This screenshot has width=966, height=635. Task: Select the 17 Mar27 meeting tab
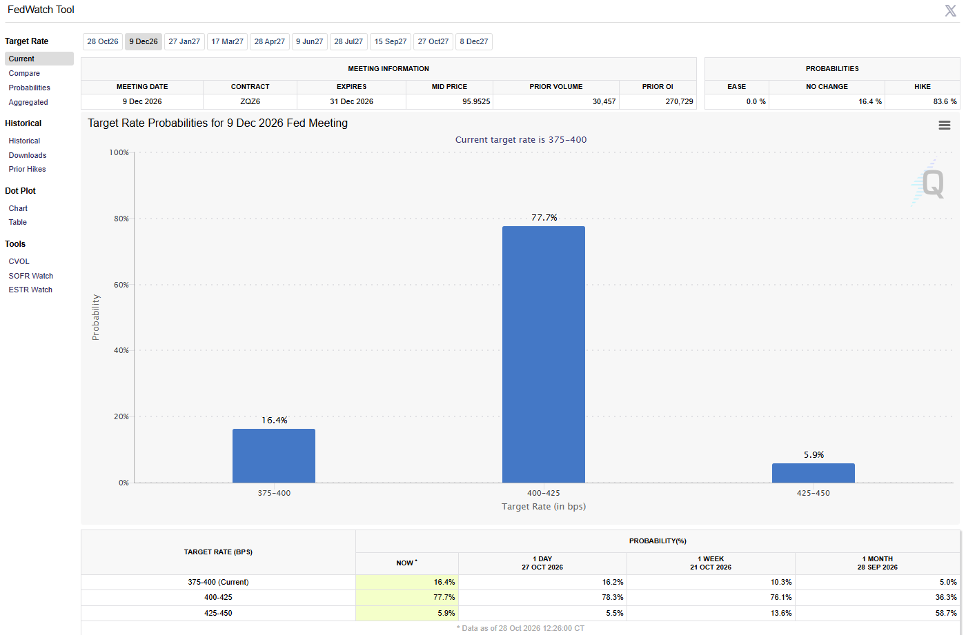coord(227,42)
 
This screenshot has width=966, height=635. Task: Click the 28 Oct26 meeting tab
coord(103,42)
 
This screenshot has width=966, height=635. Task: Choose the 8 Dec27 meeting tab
coord(473,42)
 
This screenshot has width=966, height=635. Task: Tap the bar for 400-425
coord(544,354)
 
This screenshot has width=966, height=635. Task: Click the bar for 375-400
coord(274,456)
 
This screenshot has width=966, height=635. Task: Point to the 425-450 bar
coord(814,473)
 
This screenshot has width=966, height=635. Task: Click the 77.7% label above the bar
coord(544,218)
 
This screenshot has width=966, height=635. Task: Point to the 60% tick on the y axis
coord(121,285)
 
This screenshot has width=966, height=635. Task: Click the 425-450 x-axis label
coord(813,493)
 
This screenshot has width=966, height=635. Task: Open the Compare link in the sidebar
coord(24,73)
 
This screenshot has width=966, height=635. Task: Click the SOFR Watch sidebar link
coord(30,276)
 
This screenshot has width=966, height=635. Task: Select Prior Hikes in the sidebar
coord(27,169)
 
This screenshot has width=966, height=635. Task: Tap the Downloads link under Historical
coord(28,155)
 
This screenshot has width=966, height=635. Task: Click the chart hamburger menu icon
coord(945,125)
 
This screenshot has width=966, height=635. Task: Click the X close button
coord(951,10)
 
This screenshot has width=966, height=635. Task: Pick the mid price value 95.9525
coord(476,101)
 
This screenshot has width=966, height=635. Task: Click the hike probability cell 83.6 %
coord(945,101)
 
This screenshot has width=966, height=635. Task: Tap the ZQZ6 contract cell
coord(250,101)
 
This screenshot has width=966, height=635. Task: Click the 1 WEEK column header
coord(711,563)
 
